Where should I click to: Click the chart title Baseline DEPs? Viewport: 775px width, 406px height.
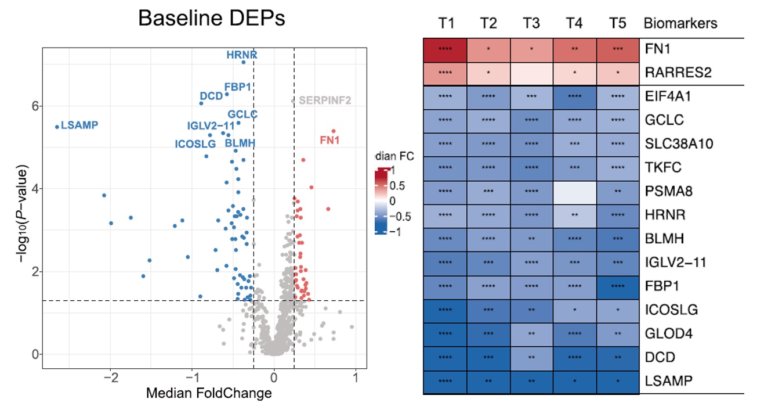pos(212,19)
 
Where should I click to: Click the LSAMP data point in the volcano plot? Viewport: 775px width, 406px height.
pos(57,127)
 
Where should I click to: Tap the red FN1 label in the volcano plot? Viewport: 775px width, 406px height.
pos(330,140)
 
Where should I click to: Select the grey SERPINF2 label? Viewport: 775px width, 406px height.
pos(325,100)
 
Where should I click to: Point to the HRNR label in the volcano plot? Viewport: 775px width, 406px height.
pos(242,55)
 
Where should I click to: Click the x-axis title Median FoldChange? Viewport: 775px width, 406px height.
pos(209,393)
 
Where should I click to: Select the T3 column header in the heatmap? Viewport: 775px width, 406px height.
pos(531,24)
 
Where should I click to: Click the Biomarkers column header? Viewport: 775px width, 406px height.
pos(680,24)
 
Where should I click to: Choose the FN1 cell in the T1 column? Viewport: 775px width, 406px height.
pos(444,49)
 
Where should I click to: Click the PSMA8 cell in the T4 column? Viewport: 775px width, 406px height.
pos(574,192)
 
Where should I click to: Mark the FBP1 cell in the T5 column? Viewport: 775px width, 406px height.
pos(617,286)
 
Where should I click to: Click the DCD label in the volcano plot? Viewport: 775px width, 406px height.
pos(211,96)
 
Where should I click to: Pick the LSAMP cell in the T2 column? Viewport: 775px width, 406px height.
pos(488,382)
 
